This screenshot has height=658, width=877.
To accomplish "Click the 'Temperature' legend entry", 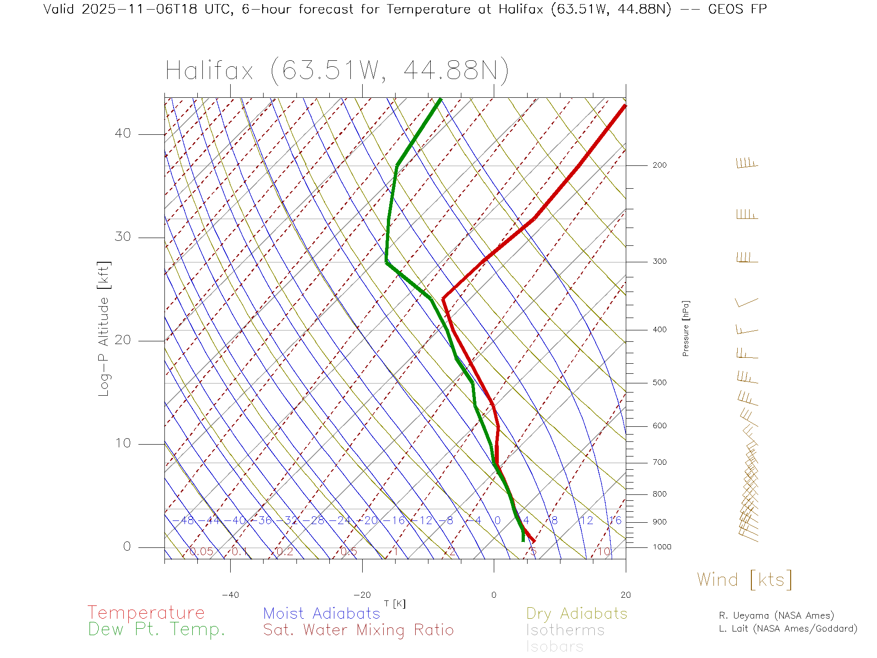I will tap(146, 613).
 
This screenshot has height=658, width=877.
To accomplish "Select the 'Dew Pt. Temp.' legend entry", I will tap(157, 630).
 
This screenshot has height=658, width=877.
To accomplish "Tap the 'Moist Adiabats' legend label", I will tap(322, 613).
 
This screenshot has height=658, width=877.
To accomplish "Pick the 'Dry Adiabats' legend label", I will tap(577, 613).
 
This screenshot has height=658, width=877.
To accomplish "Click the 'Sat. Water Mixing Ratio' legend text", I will tap(359, 630).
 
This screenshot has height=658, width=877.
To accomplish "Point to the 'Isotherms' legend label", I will tap(565, 630).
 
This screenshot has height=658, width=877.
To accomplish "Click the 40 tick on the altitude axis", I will tap(123, 133).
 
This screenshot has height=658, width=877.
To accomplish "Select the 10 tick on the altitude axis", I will tap(123, 443).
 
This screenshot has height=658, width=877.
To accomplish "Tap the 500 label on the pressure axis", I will tap(660, 383).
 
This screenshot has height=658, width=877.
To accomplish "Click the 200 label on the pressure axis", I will tap(660, 165).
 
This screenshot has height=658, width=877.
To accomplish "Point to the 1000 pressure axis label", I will tap(662, 547).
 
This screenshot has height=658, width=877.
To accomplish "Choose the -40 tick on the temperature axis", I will tap(230, 595).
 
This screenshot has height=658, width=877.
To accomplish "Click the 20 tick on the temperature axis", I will tap(625, 595).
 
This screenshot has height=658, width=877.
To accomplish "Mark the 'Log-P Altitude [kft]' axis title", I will tap(104, 329).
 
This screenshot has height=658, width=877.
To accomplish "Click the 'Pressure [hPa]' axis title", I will tap(686, 329).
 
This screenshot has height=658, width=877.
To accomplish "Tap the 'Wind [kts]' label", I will tap(745, 580).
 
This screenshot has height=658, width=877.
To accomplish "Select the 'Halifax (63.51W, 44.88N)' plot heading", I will tap(337, 71).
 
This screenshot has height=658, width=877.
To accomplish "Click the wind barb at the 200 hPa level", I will tap(747, 164).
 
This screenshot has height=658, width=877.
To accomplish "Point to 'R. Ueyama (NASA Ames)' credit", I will tap(777, 616).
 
